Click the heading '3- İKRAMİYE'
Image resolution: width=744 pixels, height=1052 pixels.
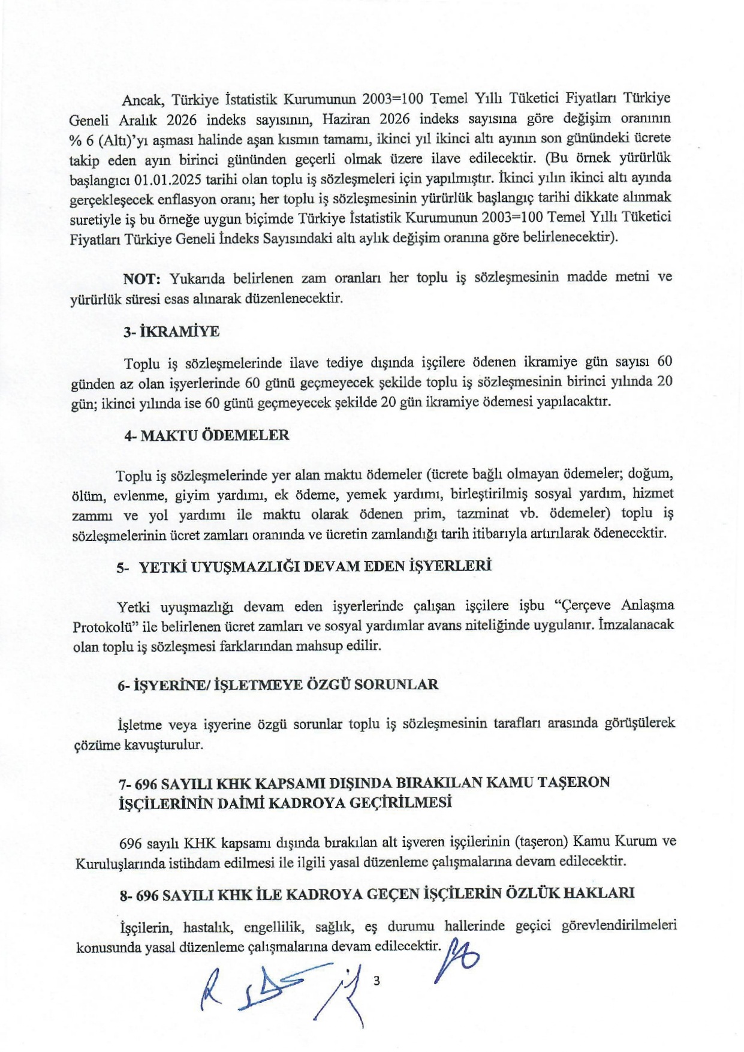[171, 332]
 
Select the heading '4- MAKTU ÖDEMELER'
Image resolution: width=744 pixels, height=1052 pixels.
[206, 435]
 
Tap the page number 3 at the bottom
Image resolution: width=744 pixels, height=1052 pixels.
[376, 981]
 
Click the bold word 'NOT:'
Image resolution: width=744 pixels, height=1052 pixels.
[141, 279]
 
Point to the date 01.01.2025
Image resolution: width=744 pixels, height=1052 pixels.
[168, 179]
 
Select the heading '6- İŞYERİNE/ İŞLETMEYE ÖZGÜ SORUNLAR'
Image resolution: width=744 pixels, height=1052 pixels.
[278, 684]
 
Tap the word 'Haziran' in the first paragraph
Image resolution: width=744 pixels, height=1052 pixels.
[347, 119]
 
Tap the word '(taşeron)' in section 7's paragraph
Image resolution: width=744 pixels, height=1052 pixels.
[541, 841]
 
